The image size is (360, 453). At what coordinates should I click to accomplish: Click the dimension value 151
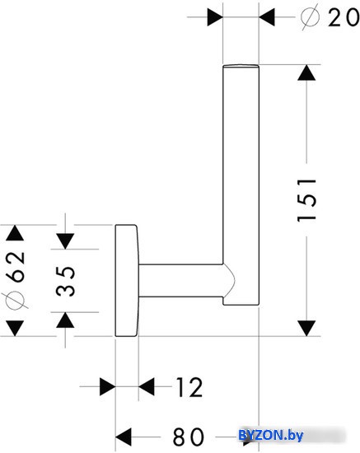306,200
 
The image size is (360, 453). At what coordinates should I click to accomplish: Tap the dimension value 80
189,437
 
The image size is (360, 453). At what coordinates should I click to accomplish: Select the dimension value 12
189,387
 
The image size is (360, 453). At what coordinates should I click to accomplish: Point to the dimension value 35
65,281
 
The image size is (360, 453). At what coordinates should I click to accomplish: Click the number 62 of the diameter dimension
15,266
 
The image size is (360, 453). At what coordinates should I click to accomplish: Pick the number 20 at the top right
343,17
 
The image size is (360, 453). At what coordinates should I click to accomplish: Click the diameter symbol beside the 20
310,17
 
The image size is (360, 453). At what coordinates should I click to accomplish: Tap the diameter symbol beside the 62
15,301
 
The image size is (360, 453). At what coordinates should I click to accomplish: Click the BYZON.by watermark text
271,435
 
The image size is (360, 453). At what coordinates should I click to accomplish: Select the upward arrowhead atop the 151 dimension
306,72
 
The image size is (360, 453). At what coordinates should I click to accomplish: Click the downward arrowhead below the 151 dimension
306,328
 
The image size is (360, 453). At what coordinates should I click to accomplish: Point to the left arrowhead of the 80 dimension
124,437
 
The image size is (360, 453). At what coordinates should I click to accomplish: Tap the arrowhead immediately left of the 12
147,386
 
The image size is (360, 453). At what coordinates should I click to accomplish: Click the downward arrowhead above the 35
65,241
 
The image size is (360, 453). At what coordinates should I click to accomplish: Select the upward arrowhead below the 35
65,320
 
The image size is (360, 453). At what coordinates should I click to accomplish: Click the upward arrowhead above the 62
15,233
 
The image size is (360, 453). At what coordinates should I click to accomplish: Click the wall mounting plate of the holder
127,280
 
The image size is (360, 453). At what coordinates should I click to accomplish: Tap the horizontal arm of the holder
181,280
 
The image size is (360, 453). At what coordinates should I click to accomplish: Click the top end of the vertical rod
241,66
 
